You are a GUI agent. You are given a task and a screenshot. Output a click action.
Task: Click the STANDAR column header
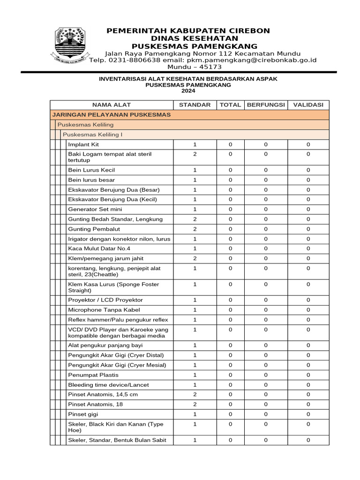pos(195,105)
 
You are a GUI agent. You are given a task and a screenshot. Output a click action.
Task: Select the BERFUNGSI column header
pos(266,105)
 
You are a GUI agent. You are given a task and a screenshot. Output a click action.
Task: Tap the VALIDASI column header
pos(308,105)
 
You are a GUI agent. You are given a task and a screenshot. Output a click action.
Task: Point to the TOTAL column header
pos(230,105)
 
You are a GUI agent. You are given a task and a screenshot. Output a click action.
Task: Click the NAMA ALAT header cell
pos(112,105)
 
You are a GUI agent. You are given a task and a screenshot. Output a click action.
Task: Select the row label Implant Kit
pos(83,144)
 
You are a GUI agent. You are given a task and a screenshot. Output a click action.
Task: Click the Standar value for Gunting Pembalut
pos(195,229)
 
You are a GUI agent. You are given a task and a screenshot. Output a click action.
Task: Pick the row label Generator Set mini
pos(94,209)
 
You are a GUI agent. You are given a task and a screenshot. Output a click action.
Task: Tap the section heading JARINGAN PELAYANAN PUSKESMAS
pos(111,115)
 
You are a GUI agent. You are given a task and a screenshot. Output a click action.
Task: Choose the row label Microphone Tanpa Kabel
pos(104,310)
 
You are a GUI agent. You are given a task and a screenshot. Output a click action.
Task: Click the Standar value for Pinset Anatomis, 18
pos(195,405)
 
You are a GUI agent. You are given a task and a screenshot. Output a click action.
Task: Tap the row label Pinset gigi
pos(83,414)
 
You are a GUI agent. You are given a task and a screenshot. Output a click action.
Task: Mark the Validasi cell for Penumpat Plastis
pos(308,375)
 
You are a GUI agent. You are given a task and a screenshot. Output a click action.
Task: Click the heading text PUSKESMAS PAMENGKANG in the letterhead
pos(194,46)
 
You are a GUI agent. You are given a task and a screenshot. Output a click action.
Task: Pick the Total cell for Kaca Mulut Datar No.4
pos(230,248)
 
